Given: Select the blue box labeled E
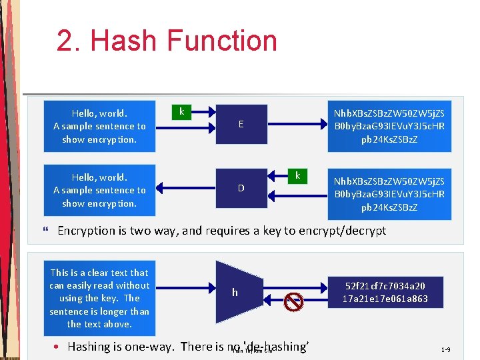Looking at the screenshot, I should click(241, 125).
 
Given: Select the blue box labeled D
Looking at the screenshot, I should click(241, 189).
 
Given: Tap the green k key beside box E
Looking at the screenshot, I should click(181, 111).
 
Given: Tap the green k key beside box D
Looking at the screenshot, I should click(297, 176).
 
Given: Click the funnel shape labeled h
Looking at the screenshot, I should click(235, 293).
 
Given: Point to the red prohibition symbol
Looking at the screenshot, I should click(294, 303).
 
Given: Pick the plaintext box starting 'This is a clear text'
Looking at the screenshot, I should click(99, 298).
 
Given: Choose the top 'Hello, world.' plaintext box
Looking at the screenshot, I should click(99, 126).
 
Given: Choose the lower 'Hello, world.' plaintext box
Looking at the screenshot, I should click(99, 190).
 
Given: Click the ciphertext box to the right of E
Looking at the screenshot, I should click(389, 126).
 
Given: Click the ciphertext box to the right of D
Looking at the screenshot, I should click(389, 194).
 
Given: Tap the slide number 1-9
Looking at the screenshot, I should click(445, 349).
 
